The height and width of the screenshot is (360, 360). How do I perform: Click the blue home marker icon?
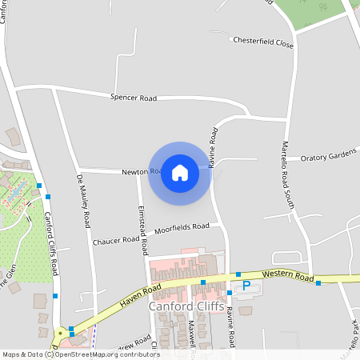coord(180,173)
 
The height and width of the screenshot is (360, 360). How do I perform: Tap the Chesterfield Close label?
coord(263,42)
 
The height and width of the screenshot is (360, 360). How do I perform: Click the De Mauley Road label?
coord(83,202)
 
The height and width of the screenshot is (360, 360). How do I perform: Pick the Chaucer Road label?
coord(116,241)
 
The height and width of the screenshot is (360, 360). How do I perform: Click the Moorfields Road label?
coord(182,227)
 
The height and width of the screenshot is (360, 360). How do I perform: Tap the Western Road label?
coord(286,277)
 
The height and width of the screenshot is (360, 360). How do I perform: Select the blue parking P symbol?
coord(246,286)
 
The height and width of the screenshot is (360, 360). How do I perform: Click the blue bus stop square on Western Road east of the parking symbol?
coord(318,282)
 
